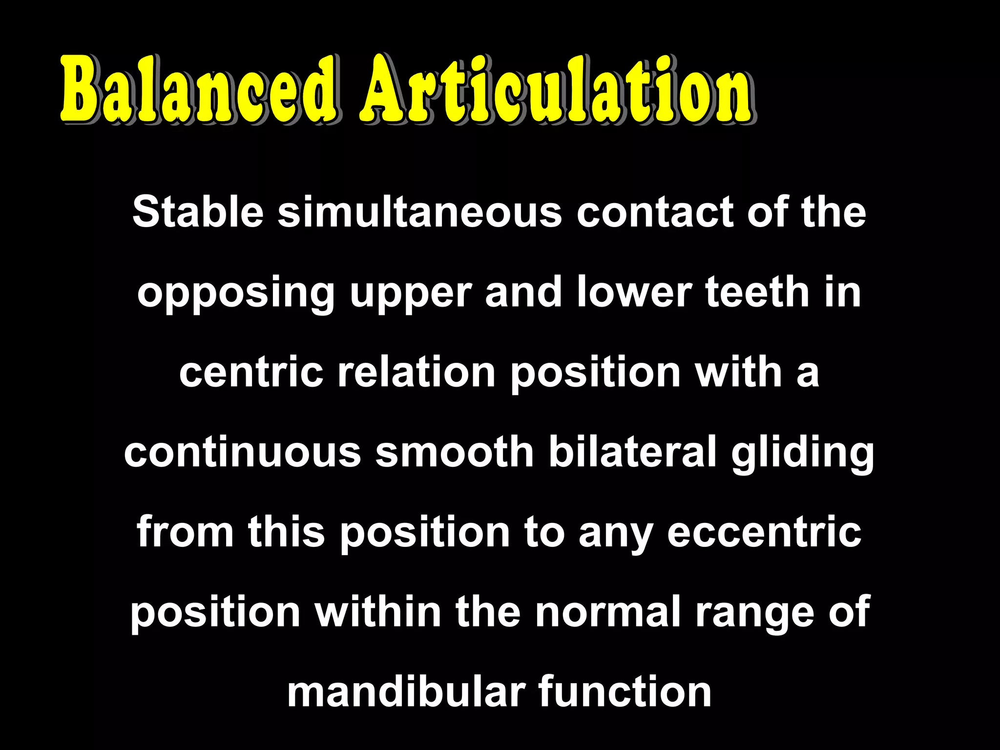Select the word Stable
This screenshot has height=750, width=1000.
click(x=198, y=212)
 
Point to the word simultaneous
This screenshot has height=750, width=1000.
click(x=420, y=212)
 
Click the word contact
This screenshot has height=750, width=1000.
click(x=655, y=212)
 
